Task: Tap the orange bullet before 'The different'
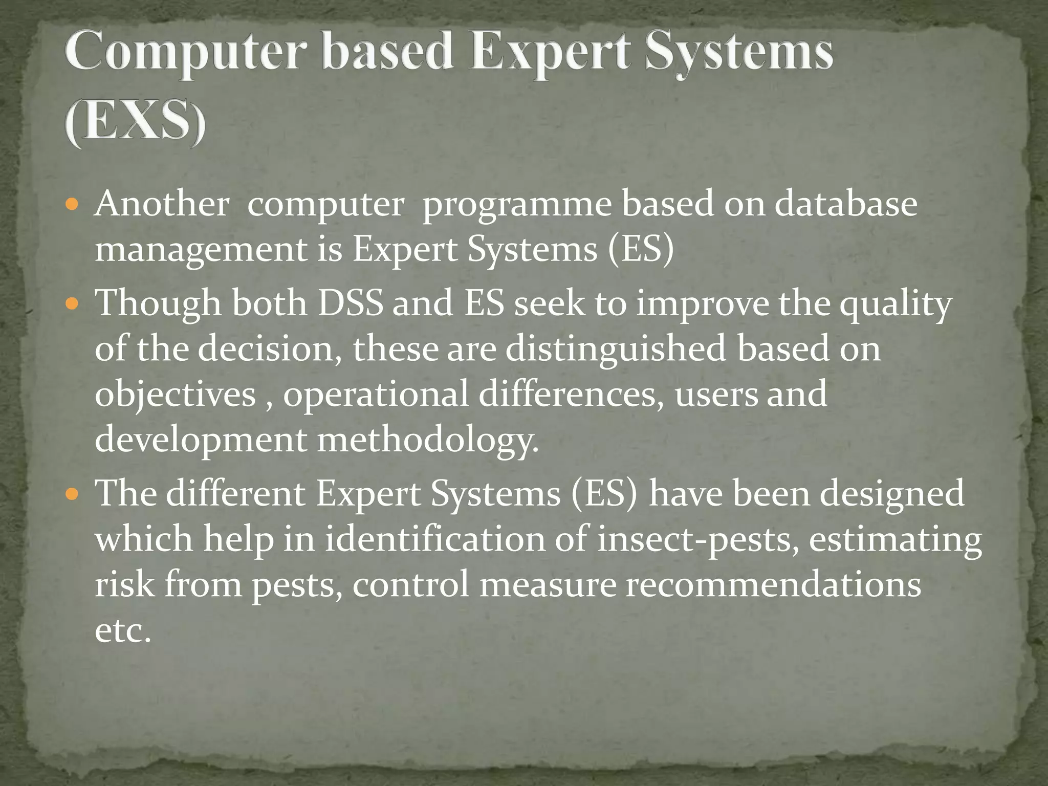pos(73,495)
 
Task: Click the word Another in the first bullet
pos(162,204)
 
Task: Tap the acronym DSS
pos(351,303)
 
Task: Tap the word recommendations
pos(773,584)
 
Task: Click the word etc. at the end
pos(123,630)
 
